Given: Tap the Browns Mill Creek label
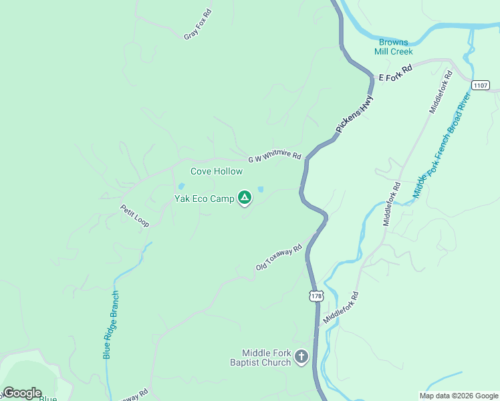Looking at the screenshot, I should [x=393, y=47].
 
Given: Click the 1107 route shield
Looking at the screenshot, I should [x=480, y=86].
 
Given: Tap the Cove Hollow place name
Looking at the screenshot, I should [x=217, y=171].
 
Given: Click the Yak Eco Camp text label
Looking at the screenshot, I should [x=204, y=198].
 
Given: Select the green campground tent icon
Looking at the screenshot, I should [x=245, y=197].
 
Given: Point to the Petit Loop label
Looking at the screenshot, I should [x=134, y=215].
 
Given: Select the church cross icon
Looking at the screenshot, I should [x=301, y=358].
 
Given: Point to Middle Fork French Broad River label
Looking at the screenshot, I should [x=442, y=144].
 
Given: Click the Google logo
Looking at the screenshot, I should [x=22, y=393].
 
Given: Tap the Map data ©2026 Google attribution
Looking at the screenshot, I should [x=459, y=396].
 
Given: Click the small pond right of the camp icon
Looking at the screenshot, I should [x=260, y=189].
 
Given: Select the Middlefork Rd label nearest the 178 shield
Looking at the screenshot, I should [x=342, y=307].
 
